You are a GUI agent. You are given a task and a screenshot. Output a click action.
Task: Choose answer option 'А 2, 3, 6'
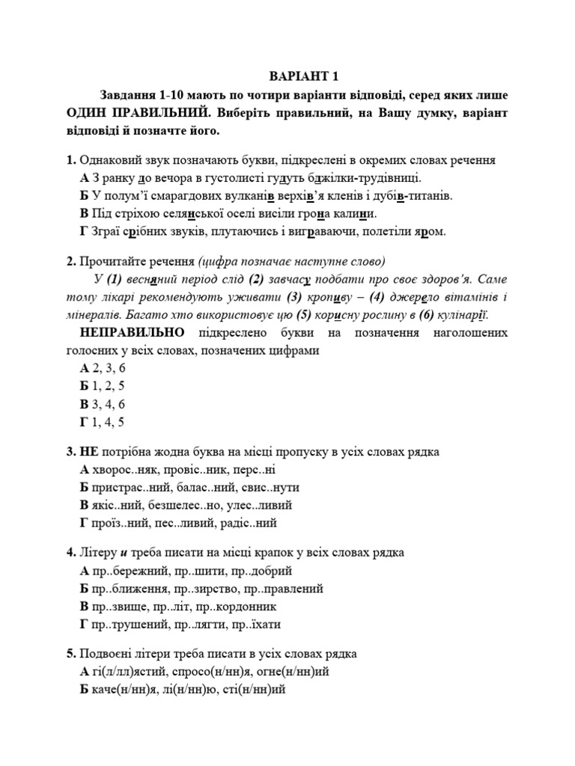coord(103,368)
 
